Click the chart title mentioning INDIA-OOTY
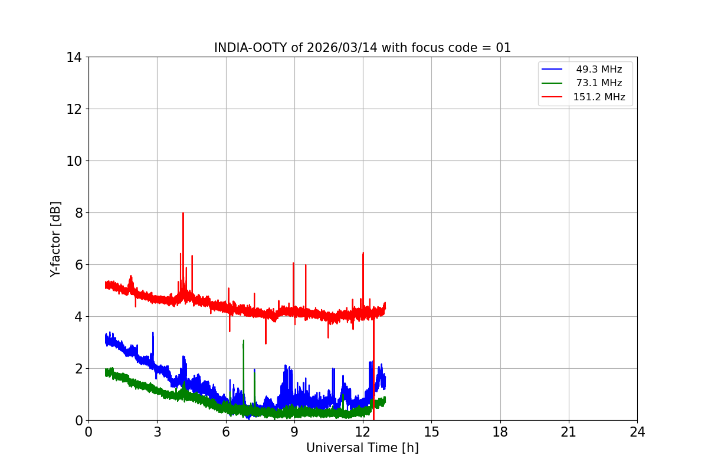362,48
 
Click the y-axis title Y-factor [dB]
55,238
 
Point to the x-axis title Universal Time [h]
362,448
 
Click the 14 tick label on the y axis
74,57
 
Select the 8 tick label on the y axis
77,213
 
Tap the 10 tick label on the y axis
74,161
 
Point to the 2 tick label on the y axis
77,369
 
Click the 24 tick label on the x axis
637,432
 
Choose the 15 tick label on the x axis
431,432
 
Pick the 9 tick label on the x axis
294,432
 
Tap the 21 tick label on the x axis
569,432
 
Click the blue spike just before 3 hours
153,334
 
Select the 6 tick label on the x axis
226,432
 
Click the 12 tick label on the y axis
74,109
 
